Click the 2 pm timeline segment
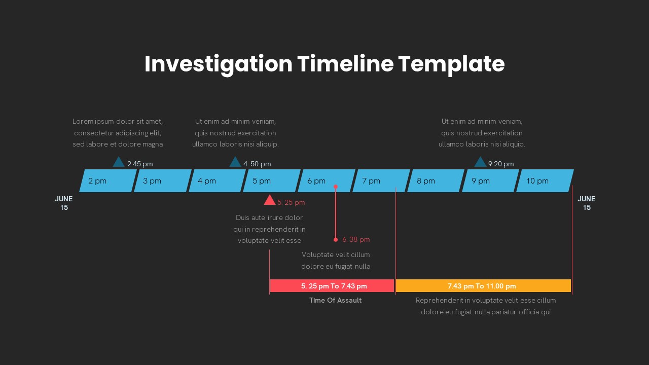108,181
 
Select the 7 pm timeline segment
381,181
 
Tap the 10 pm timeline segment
545,181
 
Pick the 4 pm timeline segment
218,181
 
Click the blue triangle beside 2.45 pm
119,163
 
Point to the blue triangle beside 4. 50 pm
235,163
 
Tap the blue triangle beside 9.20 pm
480,163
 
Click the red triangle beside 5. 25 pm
269,201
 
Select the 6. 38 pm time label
356,240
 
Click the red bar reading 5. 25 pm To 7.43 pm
332,286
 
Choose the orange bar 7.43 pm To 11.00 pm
483,286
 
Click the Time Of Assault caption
335,301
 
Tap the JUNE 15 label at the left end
64,203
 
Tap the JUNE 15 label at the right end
587,203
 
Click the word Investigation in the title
219,64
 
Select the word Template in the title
451,64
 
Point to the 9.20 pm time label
501,164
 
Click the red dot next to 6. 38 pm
336,240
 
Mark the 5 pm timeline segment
272,181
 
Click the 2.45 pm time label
140,164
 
